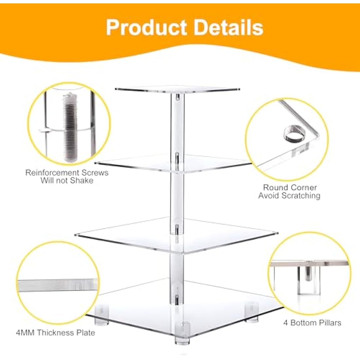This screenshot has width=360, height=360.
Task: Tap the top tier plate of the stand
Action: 177,89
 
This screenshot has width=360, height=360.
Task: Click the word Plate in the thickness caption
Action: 85,333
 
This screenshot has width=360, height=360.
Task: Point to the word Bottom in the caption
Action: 305,323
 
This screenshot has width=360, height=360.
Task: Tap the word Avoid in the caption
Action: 269,196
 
